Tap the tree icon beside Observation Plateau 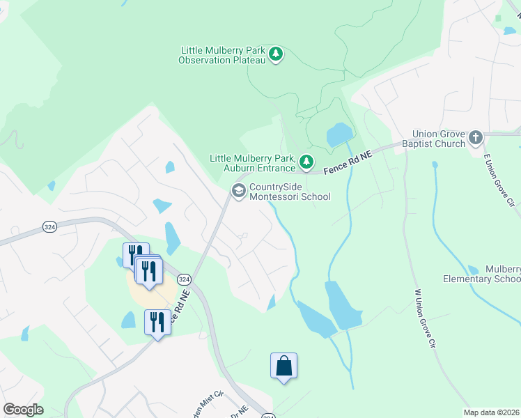(277, 54)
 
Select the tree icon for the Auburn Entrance (306, 162)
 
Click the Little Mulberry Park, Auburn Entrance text (253, 163)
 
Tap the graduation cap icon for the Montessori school (239, 192)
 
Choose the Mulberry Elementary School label (482, 274)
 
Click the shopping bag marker (283, 366)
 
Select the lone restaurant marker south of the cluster (158, 323)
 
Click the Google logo (23, 410)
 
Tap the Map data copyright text (491, 412)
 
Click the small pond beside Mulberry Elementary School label (474, 270)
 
